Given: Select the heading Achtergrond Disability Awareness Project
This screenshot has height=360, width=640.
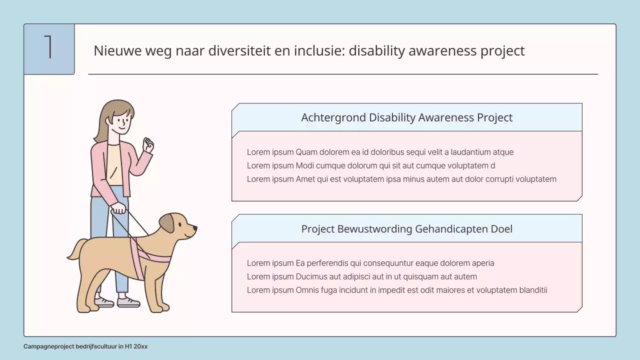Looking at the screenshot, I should [x=406, y=117].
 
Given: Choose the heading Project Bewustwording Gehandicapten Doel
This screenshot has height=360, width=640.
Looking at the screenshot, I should [x=406, y=229].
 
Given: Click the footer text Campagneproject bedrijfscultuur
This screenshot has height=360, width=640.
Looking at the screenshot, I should [x=70, y=346].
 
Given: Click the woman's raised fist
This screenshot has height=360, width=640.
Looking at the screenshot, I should [x=148, y=145].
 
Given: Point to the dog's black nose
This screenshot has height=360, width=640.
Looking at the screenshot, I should [x=194, y=228].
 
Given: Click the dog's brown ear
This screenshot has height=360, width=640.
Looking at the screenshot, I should [x=167, y=223].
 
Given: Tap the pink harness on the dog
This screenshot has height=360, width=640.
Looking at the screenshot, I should [x=150, y=257].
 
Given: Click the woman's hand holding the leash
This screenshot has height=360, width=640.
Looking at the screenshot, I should [x=118, y=207].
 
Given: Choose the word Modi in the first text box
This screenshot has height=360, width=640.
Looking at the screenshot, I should [x=304, y=165].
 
